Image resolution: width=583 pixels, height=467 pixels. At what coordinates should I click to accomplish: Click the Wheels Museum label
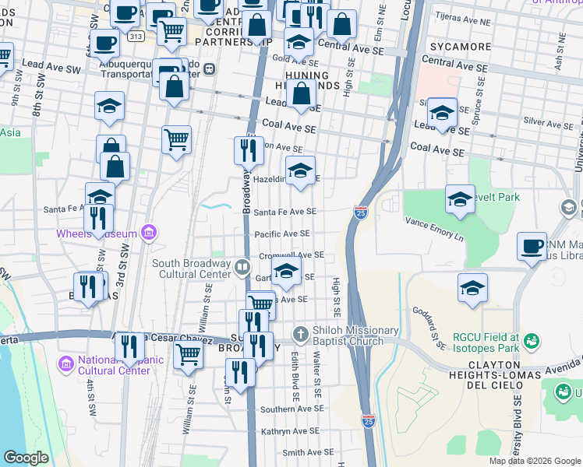pyautogui.click(x=96, y=233)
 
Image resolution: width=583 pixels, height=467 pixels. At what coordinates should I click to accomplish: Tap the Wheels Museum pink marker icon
pyautogui.click(x=149, y=233)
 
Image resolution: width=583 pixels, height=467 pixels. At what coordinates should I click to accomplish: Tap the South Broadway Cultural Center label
pyautogui.click(x=193, y=269)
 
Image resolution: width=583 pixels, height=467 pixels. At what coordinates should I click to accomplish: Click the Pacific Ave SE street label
pyautogui.click(x=282, y=233)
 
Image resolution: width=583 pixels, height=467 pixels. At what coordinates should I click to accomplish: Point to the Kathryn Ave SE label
pyautogui.click(x=291, y=430)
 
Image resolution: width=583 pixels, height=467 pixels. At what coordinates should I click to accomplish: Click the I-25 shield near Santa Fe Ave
pyautogui.click(x=360, y=212)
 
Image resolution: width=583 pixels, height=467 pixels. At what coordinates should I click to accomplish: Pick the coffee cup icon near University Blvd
pyautogui.click(x=532, y=247)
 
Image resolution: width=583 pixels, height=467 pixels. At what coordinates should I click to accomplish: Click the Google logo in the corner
pyautogui.click(x=26, y=458)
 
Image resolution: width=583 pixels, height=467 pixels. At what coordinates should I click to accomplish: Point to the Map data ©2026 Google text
pyautogui.click(x=534, y=461)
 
